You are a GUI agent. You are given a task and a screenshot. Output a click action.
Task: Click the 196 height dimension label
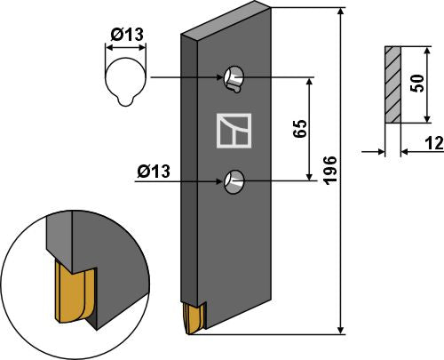coord(330,168)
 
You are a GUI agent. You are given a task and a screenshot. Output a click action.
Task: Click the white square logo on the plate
coord(234,130)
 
